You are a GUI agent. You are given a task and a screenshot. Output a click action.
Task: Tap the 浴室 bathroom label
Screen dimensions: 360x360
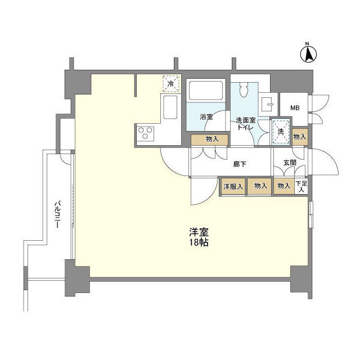pos(207,116)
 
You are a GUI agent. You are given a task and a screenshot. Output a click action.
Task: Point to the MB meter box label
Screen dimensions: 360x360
pos(294,108)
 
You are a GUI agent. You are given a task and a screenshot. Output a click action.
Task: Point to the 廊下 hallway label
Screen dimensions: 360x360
pos(241,165)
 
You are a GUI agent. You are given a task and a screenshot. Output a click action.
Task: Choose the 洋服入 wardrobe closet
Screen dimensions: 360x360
pos(232,186)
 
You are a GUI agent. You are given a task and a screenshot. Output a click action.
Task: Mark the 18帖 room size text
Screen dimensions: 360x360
pos(196,243)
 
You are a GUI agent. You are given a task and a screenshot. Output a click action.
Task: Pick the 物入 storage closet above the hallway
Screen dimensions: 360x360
pos(209,139)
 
